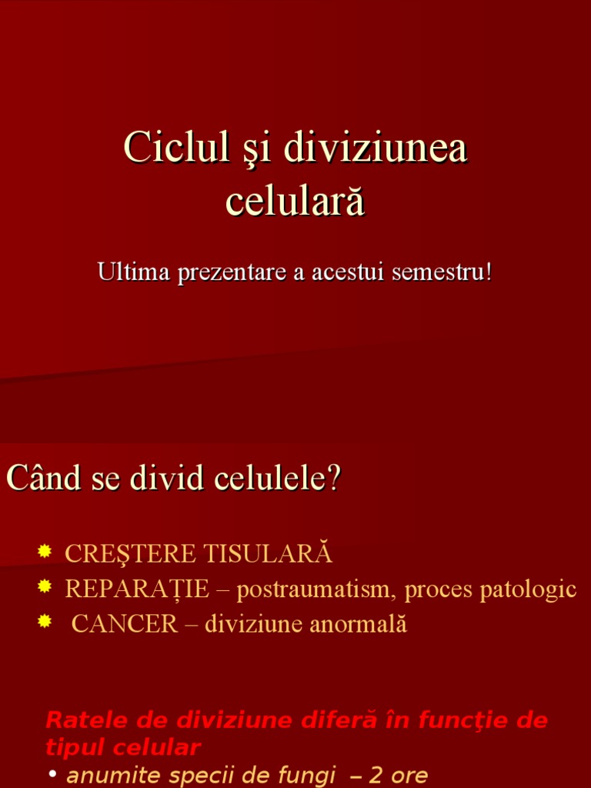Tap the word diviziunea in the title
click(x=375, y=147)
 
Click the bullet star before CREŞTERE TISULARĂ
click(x=45, y=551)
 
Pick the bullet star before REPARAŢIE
click(x=45, y=586)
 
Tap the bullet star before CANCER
click(x=45, y=622)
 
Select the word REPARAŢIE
click(x=137, y=589)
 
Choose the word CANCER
click(x=125, y=624)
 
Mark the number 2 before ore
click(x=376, y=774)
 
